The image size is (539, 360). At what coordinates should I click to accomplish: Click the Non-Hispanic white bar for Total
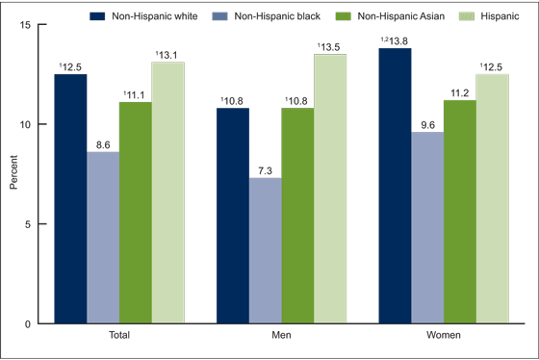[x=70, y=198]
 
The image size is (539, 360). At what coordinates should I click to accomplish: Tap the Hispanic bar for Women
[x=492, y=198]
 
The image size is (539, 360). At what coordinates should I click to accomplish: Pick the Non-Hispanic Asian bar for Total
[x=135, y=213]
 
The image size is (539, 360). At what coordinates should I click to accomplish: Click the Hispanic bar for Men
[x=330, y=189]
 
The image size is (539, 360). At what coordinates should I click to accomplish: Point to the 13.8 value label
[x=395, y=39]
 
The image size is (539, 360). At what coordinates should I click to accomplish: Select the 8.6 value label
[x=103, y=143]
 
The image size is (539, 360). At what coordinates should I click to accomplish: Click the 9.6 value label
[x=427, y=123]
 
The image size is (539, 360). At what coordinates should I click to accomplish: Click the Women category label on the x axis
[x=444, y=337]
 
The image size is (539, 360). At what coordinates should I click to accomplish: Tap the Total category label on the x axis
[x=119, y=337]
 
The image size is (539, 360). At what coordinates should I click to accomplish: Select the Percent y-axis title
[x=14, y=174]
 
